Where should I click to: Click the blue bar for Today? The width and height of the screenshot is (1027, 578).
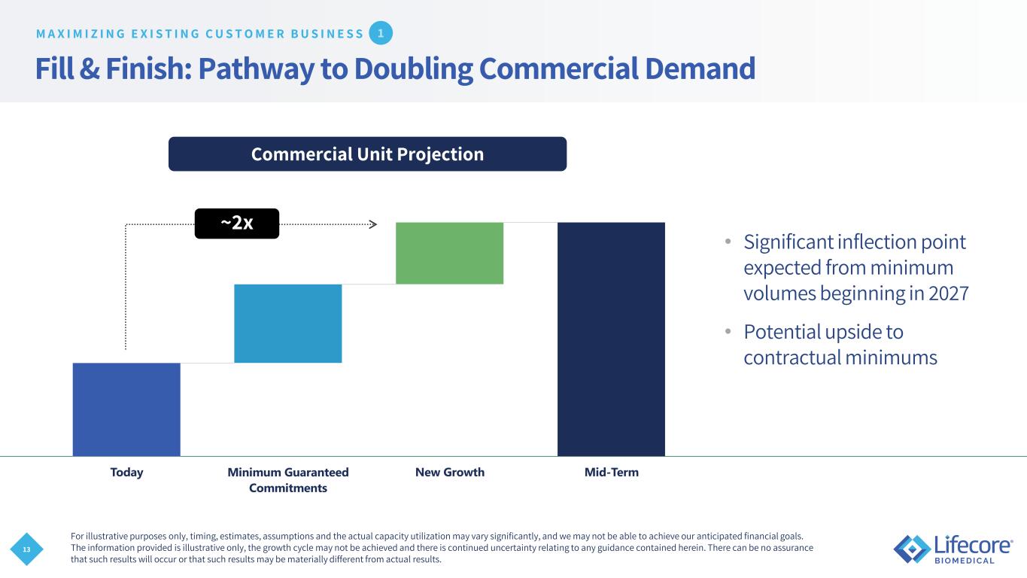point(126,409)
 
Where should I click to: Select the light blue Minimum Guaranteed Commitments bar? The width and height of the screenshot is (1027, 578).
point(288,324)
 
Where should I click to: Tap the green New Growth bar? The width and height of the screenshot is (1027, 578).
point(449,253)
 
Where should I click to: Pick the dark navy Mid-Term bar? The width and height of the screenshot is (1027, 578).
point(611,339)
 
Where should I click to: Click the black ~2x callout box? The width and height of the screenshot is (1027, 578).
point(237,224)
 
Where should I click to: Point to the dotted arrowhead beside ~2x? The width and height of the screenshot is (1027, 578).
point(373,224)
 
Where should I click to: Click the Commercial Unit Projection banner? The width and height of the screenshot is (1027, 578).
point(368,154)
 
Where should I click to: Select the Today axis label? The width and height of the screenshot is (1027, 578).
point(126,472)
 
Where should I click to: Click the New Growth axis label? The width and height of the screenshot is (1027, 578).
point(450,472)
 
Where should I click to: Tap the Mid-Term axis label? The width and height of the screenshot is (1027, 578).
point(612,472)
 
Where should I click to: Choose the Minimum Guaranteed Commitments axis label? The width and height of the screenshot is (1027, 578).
point(288,480)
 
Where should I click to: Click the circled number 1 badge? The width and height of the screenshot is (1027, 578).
point(381,33)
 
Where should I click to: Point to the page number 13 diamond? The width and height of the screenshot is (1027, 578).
point(26,549)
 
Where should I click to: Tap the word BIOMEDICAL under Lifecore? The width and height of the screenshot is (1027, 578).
point(965,561)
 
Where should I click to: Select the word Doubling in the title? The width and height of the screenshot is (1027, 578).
point(414,68)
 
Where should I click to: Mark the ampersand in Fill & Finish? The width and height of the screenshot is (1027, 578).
point(90,68)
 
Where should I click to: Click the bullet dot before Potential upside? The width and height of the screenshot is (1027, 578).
point(728,331)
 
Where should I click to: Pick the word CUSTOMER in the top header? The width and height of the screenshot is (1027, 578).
point(246,34)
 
